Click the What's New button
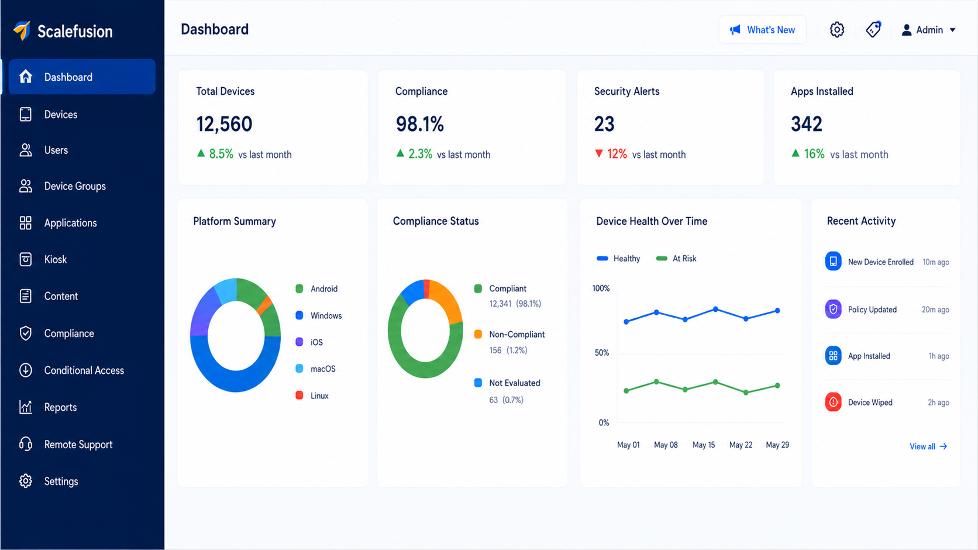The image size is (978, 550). pyautogui.click(x=762, y=30)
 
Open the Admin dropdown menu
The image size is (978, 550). pyautogui.click(x=929, y=30)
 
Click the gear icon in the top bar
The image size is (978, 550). pyautogui.click(x=836, y=30)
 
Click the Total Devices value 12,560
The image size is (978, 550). pyautogui.click(x=224, y=124)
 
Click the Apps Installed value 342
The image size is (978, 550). pyautogui.click(x=807, y=124)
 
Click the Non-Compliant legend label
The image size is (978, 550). pyautogui.click(x=517, y=335)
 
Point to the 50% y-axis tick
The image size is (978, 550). pyautogui.click(x=602, y=353)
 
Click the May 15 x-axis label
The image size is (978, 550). pyautogui.click(x=703, y=445)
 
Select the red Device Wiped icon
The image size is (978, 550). pyautogui.click(x=833, y=402)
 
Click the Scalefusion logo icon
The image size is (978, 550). pyautogui.click(x=22, y=30)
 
